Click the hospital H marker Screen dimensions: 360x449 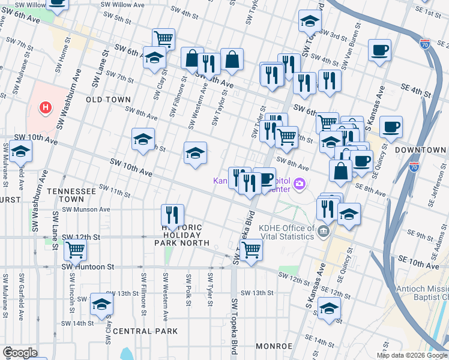44,108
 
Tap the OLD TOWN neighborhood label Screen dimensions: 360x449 109,99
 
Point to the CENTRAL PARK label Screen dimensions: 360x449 145,331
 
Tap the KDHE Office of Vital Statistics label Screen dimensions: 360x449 286,232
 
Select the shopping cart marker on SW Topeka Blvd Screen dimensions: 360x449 251,248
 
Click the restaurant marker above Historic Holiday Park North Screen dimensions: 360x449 172,214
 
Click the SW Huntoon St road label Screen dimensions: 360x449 88,266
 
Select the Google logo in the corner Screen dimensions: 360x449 20,353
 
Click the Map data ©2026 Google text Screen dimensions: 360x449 412,355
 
